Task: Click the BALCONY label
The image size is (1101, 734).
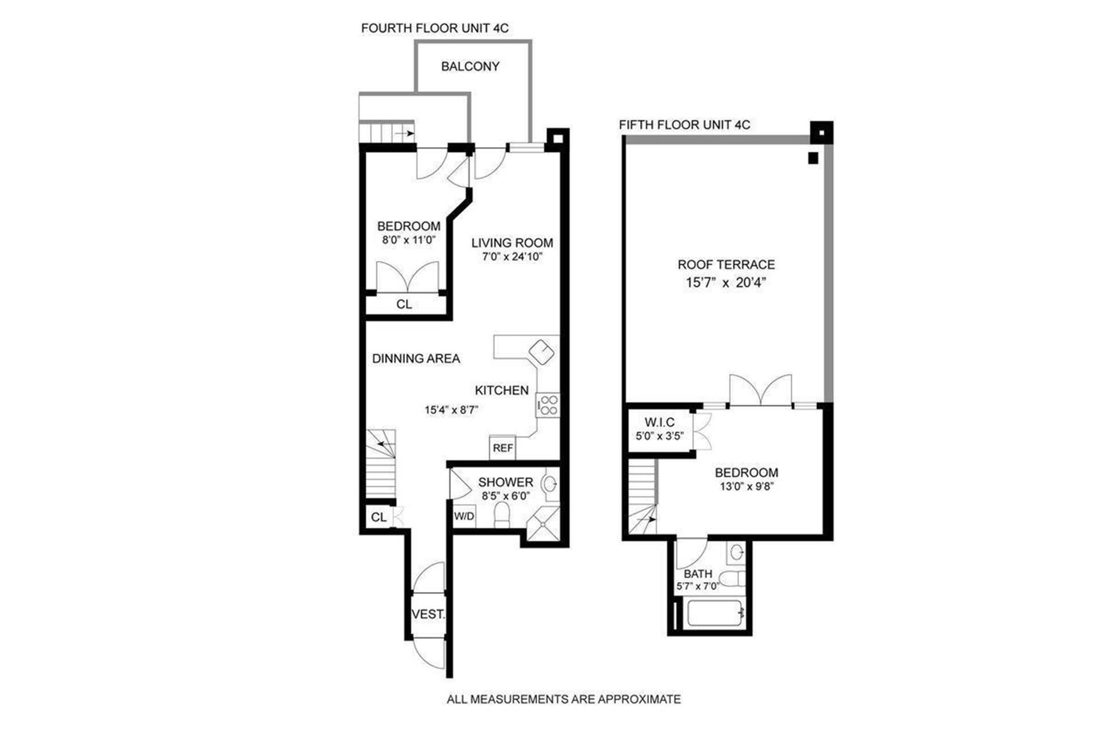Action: point(470,66)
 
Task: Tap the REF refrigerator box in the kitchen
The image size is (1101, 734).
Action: point(503,448)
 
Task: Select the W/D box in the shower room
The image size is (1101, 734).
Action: point(464,516)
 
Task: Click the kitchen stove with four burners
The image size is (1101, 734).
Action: point(548,405)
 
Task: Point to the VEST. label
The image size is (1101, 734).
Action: point(428,614)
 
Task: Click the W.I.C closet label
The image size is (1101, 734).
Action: point(659,422)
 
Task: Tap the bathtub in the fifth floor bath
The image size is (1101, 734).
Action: point(716,614)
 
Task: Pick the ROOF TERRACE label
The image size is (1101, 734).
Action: point(726,265)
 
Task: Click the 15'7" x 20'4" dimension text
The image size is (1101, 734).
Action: point(726,282)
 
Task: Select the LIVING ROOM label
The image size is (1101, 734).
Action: point(512,243)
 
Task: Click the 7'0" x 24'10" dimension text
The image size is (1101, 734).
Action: point(512,257)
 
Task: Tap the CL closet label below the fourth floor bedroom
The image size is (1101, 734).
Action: point(404,304)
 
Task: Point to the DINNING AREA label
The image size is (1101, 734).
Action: point(416,359)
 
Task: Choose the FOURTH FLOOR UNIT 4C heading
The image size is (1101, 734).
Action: point(435,28)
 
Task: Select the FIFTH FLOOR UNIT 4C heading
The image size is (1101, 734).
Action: point(685,125)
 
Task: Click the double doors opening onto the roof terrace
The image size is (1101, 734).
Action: point(760,390)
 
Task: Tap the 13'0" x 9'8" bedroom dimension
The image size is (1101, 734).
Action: point(746,487)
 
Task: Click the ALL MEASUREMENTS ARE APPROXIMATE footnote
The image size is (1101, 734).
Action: point(564,699)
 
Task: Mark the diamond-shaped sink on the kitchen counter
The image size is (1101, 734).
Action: point(542,352)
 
